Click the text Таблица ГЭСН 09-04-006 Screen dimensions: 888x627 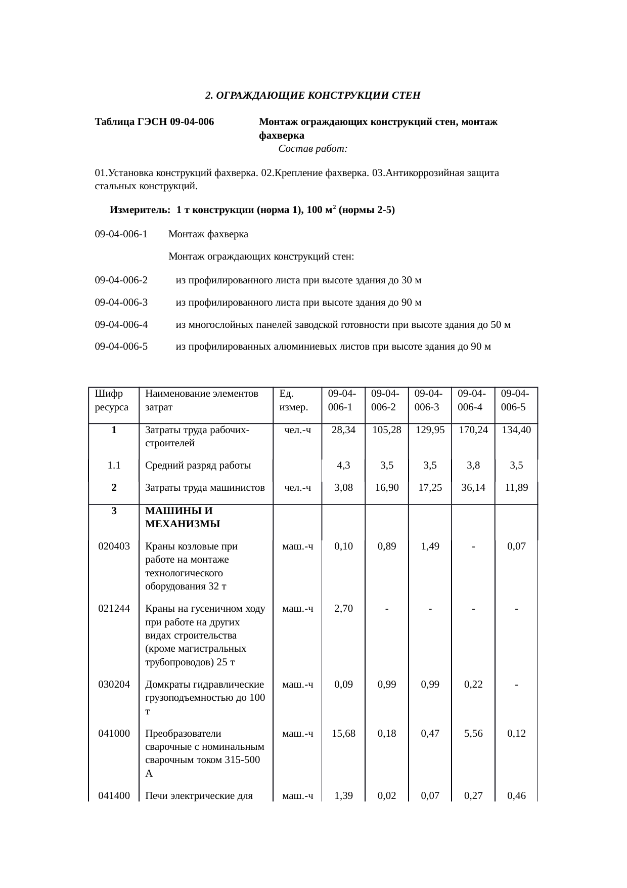point(154,122)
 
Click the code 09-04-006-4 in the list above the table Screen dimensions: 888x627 point(121,324)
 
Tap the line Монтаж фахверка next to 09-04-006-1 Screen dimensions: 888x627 point(208,234)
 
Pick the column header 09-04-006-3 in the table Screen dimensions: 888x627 point(429,400)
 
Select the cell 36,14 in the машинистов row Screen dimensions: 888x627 point(473,487)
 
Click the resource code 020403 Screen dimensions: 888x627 point(114,546)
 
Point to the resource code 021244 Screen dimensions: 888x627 point(114,608)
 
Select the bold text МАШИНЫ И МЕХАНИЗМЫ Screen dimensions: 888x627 point(182,517)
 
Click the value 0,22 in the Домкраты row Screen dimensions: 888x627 point(473,685)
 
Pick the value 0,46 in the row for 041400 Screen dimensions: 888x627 point(516,796)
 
